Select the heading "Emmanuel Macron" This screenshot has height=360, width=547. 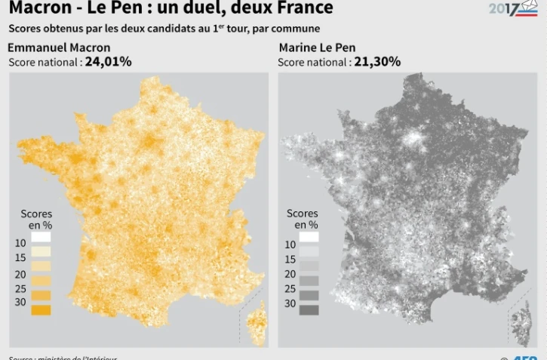pyautogui.click(x=59, y=48)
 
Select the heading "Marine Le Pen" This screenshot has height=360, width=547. pyautogui.click(x=317, y=48)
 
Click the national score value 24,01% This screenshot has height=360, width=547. pyautogui.click(x=109, y=62)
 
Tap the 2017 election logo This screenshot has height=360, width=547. pyautogui.click(x=513, y=9)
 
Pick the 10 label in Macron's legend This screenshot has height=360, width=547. pyautogui.click(x=20, y=243)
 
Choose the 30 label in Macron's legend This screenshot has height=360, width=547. pyautogui.click(x=20, y=302)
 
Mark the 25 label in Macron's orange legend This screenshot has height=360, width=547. pyautogui.click(x=20, y=288)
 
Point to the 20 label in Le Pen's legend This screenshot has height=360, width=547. pyautogui.click(x=290, y=273)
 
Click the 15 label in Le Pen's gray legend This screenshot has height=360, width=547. pyautogui.click(x=290, y=259)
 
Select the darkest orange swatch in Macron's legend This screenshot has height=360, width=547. pyautogui.click(x=41, y=309)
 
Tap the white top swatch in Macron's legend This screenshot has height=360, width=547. pyautogui.click(x=41, y=236)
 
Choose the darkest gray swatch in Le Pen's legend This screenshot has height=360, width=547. pyautogui.click(x=309, y=309)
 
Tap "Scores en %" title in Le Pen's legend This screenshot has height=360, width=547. pyautogui.click(x=303, y=219)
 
